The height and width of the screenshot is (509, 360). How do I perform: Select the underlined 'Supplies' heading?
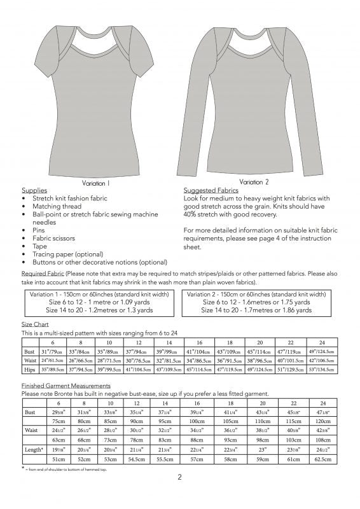tap(34, 190)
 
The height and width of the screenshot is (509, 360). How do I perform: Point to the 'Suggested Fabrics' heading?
tap(211, 190)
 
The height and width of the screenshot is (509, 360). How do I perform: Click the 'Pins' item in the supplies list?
tap(37, 229)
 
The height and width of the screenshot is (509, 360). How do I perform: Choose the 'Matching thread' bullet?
tap(54, 206)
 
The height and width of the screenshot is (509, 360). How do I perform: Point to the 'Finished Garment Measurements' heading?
tap(66, 386)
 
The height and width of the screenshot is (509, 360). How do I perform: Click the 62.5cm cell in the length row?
tap(323, 459)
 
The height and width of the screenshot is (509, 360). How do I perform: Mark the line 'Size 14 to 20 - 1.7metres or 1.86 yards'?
tap(256, 310)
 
